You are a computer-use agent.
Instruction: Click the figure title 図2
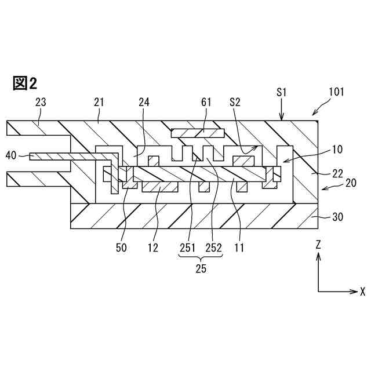[x=24, y=83]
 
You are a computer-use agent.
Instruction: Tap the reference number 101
[x=336, y=92]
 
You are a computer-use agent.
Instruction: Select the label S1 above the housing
[x=282, y=92]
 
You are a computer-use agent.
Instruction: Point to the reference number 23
[x=41, y=103]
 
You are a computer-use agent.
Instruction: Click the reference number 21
[x=99, y=103]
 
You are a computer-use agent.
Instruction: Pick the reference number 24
[x=144, y=103]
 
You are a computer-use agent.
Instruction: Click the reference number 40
[x=11, y=155]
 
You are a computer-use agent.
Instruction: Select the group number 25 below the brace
[x=200, y=268]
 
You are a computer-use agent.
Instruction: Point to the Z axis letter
[x=318, y=245]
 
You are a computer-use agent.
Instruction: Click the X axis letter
[x=362, y=291]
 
